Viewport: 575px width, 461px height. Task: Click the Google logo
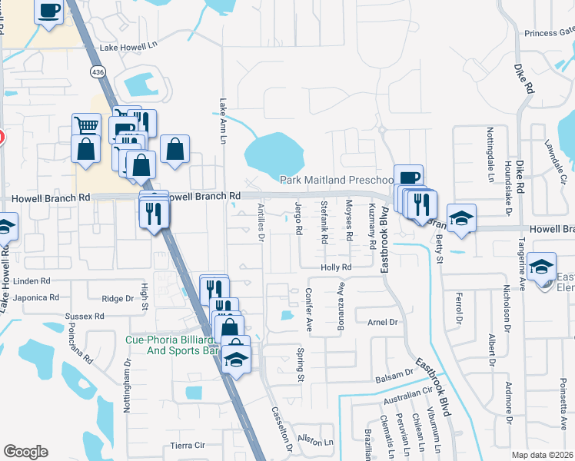[x=25, y=451]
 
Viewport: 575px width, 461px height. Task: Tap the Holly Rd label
[x=336, y=267]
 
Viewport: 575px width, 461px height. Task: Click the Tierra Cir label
[x=188, y=445]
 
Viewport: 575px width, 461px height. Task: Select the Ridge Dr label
[x=118, y=298]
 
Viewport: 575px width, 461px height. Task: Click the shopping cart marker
[x=86, y=124]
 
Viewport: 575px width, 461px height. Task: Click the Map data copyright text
[x=542, y=455]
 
